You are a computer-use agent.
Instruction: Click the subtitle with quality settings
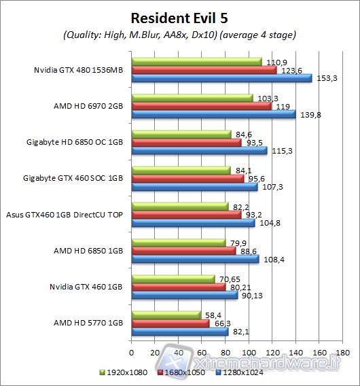click(180, 34)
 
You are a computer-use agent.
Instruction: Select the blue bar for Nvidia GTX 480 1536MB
click(221, 78)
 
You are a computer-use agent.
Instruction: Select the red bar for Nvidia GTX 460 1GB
click(179, 287)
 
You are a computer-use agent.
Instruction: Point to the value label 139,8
click(306, 114)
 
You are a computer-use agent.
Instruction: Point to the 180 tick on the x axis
click(342, 352)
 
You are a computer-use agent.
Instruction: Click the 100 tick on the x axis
click(249, 352)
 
